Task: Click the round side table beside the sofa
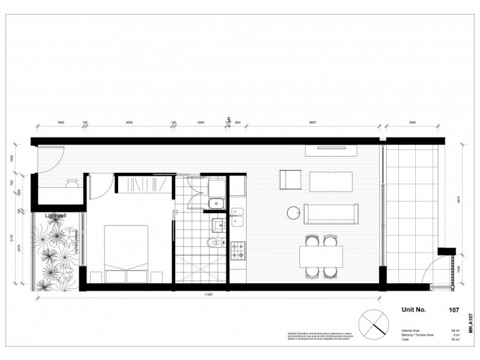293,212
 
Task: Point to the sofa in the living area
332,213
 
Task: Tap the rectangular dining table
322,257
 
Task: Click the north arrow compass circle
373,326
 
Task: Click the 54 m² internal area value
455,331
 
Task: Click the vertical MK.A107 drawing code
470,324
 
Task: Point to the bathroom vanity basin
217,225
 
